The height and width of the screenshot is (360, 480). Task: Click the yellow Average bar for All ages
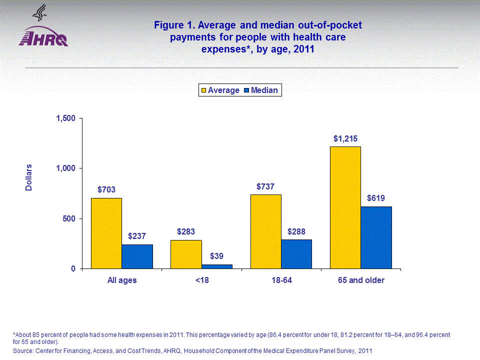coord(106,233)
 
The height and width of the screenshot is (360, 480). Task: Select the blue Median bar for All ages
coord(137,256)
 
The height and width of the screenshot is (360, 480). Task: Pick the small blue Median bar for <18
coord(217,266)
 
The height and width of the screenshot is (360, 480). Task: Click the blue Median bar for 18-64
coord(296,254)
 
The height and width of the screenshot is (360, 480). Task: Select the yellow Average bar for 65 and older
coord(345,207)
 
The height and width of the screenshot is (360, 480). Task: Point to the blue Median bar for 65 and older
coord(376,237)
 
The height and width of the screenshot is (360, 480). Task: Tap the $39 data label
coord(216,256)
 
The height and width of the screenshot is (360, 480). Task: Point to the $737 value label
coord(265,186)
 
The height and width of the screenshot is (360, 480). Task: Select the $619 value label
coord(376,198)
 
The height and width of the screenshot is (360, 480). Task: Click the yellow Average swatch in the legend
coord(204,90)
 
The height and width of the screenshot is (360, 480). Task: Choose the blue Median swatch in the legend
coord(247,90)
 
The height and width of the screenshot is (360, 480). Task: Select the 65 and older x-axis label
coord(361,280)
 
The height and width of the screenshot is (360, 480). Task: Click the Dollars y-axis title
coord(29,177)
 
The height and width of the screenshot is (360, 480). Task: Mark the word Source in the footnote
coord(23,351)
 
